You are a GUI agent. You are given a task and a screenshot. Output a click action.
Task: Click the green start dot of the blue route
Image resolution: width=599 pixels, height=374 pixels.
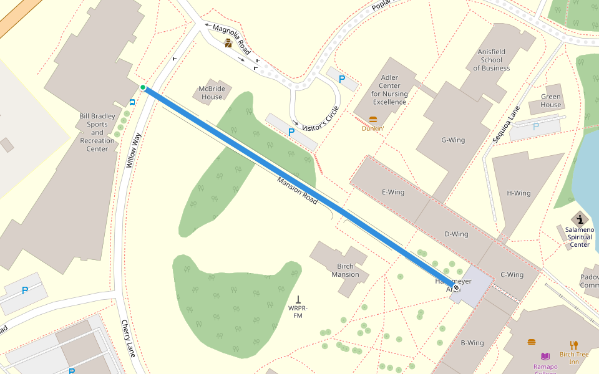click(x=143, y=87)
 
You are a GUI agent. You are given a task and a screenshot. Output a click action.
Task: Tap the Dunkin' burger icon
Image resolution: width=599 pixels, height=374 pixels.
click(x=373, y=119)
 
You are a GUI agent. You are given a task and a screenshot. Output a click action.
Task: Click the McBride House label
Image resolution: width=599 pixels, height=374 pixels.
click(x=212, y=93)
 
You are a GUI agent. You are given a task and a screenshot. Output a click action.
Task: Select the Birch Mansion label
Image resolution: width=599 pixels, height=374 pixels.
click(x=345, y=271)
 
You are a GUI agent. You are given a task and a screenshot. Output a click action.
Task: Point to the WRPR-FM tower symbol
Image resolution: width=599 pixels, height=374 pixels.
click(x=298, y=299)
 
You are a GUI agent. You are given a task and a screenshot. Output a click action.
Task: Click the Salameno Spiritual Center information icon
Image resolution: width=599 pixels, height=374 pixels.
click(x=580, y=219)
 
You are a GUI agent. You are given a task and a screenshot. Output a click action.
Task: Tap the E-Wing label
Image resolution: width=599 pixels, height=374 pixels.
click(x=393, y=192)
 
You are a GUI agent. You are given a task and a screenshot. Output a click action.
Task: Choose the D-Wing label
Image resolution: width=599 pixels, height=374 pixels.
click(x=456, y=234)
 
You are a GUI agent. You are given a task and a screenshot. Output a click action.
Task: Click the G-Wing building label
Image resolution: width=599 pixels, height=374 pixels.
click(x=453, y=140)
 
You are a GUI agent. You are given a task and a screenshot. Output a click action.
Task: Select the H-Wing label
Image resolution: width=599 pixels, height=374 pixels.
click(x=519, y=193)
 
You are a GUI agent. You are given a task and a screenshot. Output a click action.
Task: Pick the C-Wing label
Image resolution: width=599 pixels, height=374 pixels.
click(x=512, y=275)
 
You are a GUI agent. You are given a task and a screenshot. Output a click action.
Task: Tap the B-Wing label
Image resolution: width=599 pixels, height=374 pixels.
click(x=472, y=343)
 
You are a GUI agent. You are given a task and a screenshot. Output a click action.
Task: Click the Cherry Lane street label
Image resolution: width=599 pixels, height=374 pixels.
click(x=128, y=338)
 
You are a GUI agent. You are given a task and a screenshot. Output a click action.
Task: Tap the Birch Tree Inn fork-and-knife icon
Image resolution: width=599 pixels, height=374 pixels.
click(x=574, y=345)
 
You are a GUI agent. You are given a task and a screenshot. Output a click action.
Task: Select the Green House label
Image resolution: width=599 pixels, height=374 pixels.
click(x=551, y=101)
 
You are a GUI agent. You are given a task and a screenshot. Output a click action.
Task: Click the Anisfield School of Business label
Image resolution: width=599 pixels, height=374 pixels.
click(x=492, y=60)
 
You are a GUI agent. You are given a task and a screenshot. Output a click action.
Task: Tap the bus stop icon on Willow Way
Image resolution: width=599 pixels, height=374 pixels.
click(x=132, y=102)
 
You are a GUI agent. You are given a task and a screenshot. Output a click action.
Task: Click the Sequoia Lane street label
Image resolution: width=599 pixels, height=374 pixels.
click(x=506, y=125)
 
